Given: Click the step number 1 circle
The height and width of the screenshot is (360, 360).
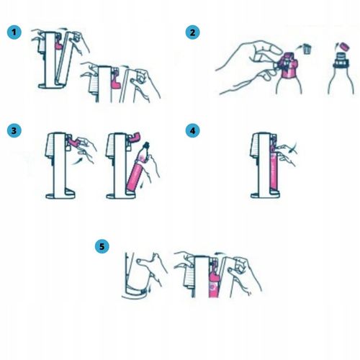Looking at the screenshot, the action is tap(14, 32).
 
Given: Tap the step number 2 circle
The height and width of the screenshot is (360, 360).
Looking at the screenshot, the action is tap(192, 32).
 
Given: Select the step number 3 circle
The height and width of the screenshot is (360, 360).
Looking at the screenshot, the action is tap(14, 131).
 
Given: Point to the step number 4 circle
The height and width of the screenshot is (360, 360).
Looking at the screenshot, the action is tap(192, 131).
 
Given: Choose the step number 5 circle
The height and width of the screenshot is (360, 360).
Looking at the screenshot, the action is tap(102, 246).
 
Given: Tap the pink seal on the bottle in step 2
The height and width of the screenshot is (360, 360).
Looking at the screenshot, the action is tap(289, 66).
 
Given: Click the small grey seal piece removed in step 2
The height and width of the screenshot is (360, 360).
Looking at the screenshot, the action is tap(307, 49).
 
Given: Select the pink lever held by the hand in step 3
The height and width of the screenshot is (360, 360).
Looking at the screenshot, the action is tap(74, 142).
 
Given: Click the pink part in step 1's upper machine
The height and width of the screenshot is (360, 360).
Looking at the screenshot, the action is tap(59, 44).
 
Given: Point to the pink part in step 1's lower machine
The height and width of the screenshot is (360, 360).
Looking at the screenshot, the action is tap(116, 83).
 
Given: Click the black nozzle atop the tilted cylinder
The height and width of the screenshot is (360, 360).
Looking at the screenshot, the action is tap(145, 146).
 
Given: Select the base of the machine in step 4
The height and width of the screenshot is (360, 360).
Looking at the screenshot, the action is tap(265, 194).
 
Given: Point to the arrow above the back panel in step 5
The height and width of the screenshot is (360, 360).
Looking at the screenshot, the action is tap(220, 253).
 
